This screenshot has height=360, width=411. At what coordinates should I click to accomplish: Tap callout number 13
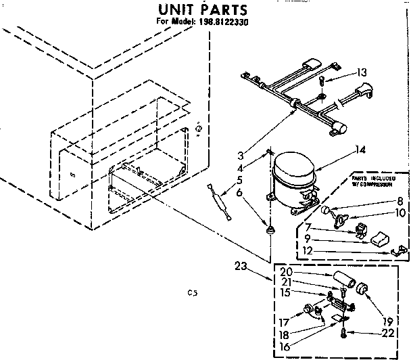[362, 73]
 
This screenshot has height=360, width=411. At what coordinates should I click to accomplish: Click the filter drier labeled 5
[220, 200]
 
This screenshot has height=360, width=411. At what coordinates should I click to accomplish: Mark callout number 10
[400, 213]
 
